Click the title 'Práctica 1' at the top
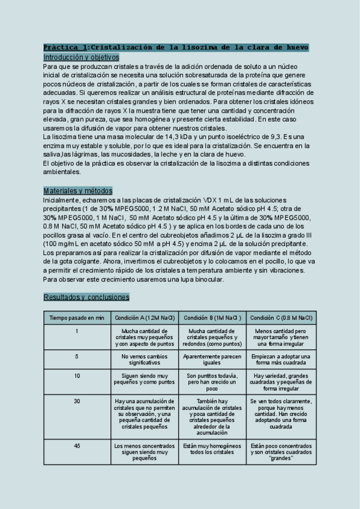pyautogui.click(x=65, y=47)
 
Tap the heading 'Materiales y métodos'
pyautogui.click(x=77, y=190)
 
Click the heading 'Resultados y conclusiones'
pyautogui.click(x=86, y=297)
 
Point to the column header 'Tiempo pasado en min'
pyautogui.click(x=77, y=318)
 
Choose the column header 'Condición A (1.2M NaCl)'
pyautogui.click(x=145, y=318)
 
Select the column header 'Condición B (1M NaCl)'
pyautogui.click(x=212, y=318)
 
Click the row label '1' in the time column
pyautogui.click(x=77, y=331)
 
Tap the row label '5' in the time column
pyautogui.click(x=77, y=357)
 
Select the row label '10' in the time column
pyautogui.click(x=77, y=375)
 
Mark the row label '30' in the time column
pyautogui.click(x=77, y=401)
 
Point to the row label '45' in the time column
pyautogui.click(x=77, y=445)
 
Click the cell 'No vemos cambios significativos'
pyautogui.click(x=145, y=360)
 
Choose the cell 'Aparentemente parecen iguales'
pyautogui.click(x=212, y=360)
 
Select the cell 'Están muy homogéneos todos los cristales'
pyautogui.click(x=212, y=448)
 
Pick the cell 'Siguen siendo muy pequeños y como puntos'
pyautogui.click(x=145, y=378)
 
